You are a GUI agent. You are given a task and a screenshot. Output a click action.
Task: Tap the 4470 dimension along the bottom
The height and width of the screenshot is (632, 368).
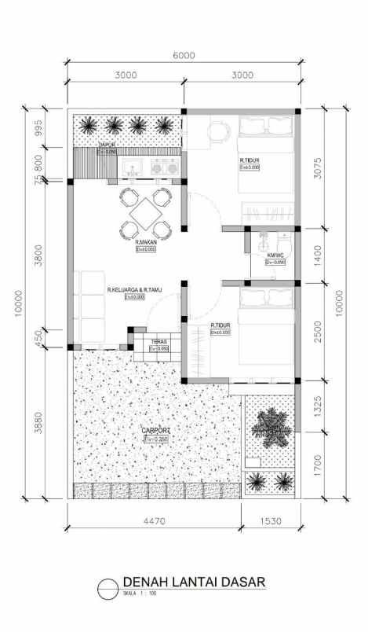(155, 520)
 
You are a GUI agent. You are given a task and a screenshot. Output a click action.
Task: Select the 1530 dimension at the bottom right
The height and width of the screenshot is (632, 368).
(271, 520)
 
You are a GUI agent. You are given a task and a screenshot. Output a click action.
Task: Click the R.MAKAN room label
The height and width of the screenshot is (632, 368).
(147, 243)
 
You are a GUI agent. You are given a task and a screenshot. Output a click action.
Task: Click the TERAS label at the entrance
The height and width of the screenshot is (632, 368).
(159, 342)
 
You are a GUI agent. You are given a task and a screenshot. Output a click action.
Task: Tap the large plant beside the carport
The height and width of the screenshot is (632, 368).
(269, 424)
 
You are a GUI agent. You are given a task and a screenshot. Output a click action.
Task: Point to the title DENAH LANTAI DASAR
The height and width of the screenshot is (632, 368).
(193, 582)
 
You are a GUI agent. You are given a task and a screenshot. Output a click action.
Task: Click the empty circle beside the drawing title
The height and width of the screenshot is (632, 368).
(108, 586)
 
